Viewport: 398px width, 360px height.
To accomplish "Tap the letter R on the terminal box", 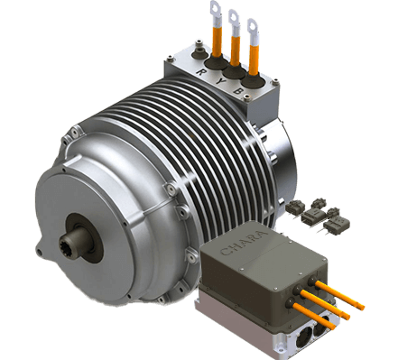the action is click(200, 71).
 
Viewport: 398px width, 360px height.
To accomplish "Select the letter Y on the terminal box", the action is click(220, 81).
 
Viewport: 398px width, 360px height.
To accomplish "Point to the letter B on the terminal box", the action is click(237, 90).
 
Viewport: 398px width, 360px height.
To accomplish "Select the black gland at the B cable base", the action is click(253, 79).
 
